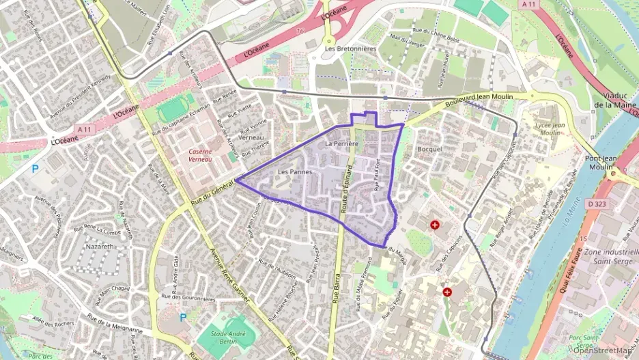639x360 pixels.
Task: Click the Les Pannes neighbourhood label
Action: tap(295, 172)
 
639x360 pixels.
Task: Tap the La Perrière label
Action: tap(342, 144)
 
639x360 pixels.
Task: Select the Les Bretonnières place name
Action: tap(351, 49)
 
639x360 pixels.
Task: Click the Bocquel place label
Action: tap(430, 149)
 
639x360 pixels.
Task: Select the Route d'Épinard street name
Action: tap(347, 193)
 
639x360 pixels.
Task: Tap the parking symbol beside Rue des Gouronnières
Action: tap(182, 317)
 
